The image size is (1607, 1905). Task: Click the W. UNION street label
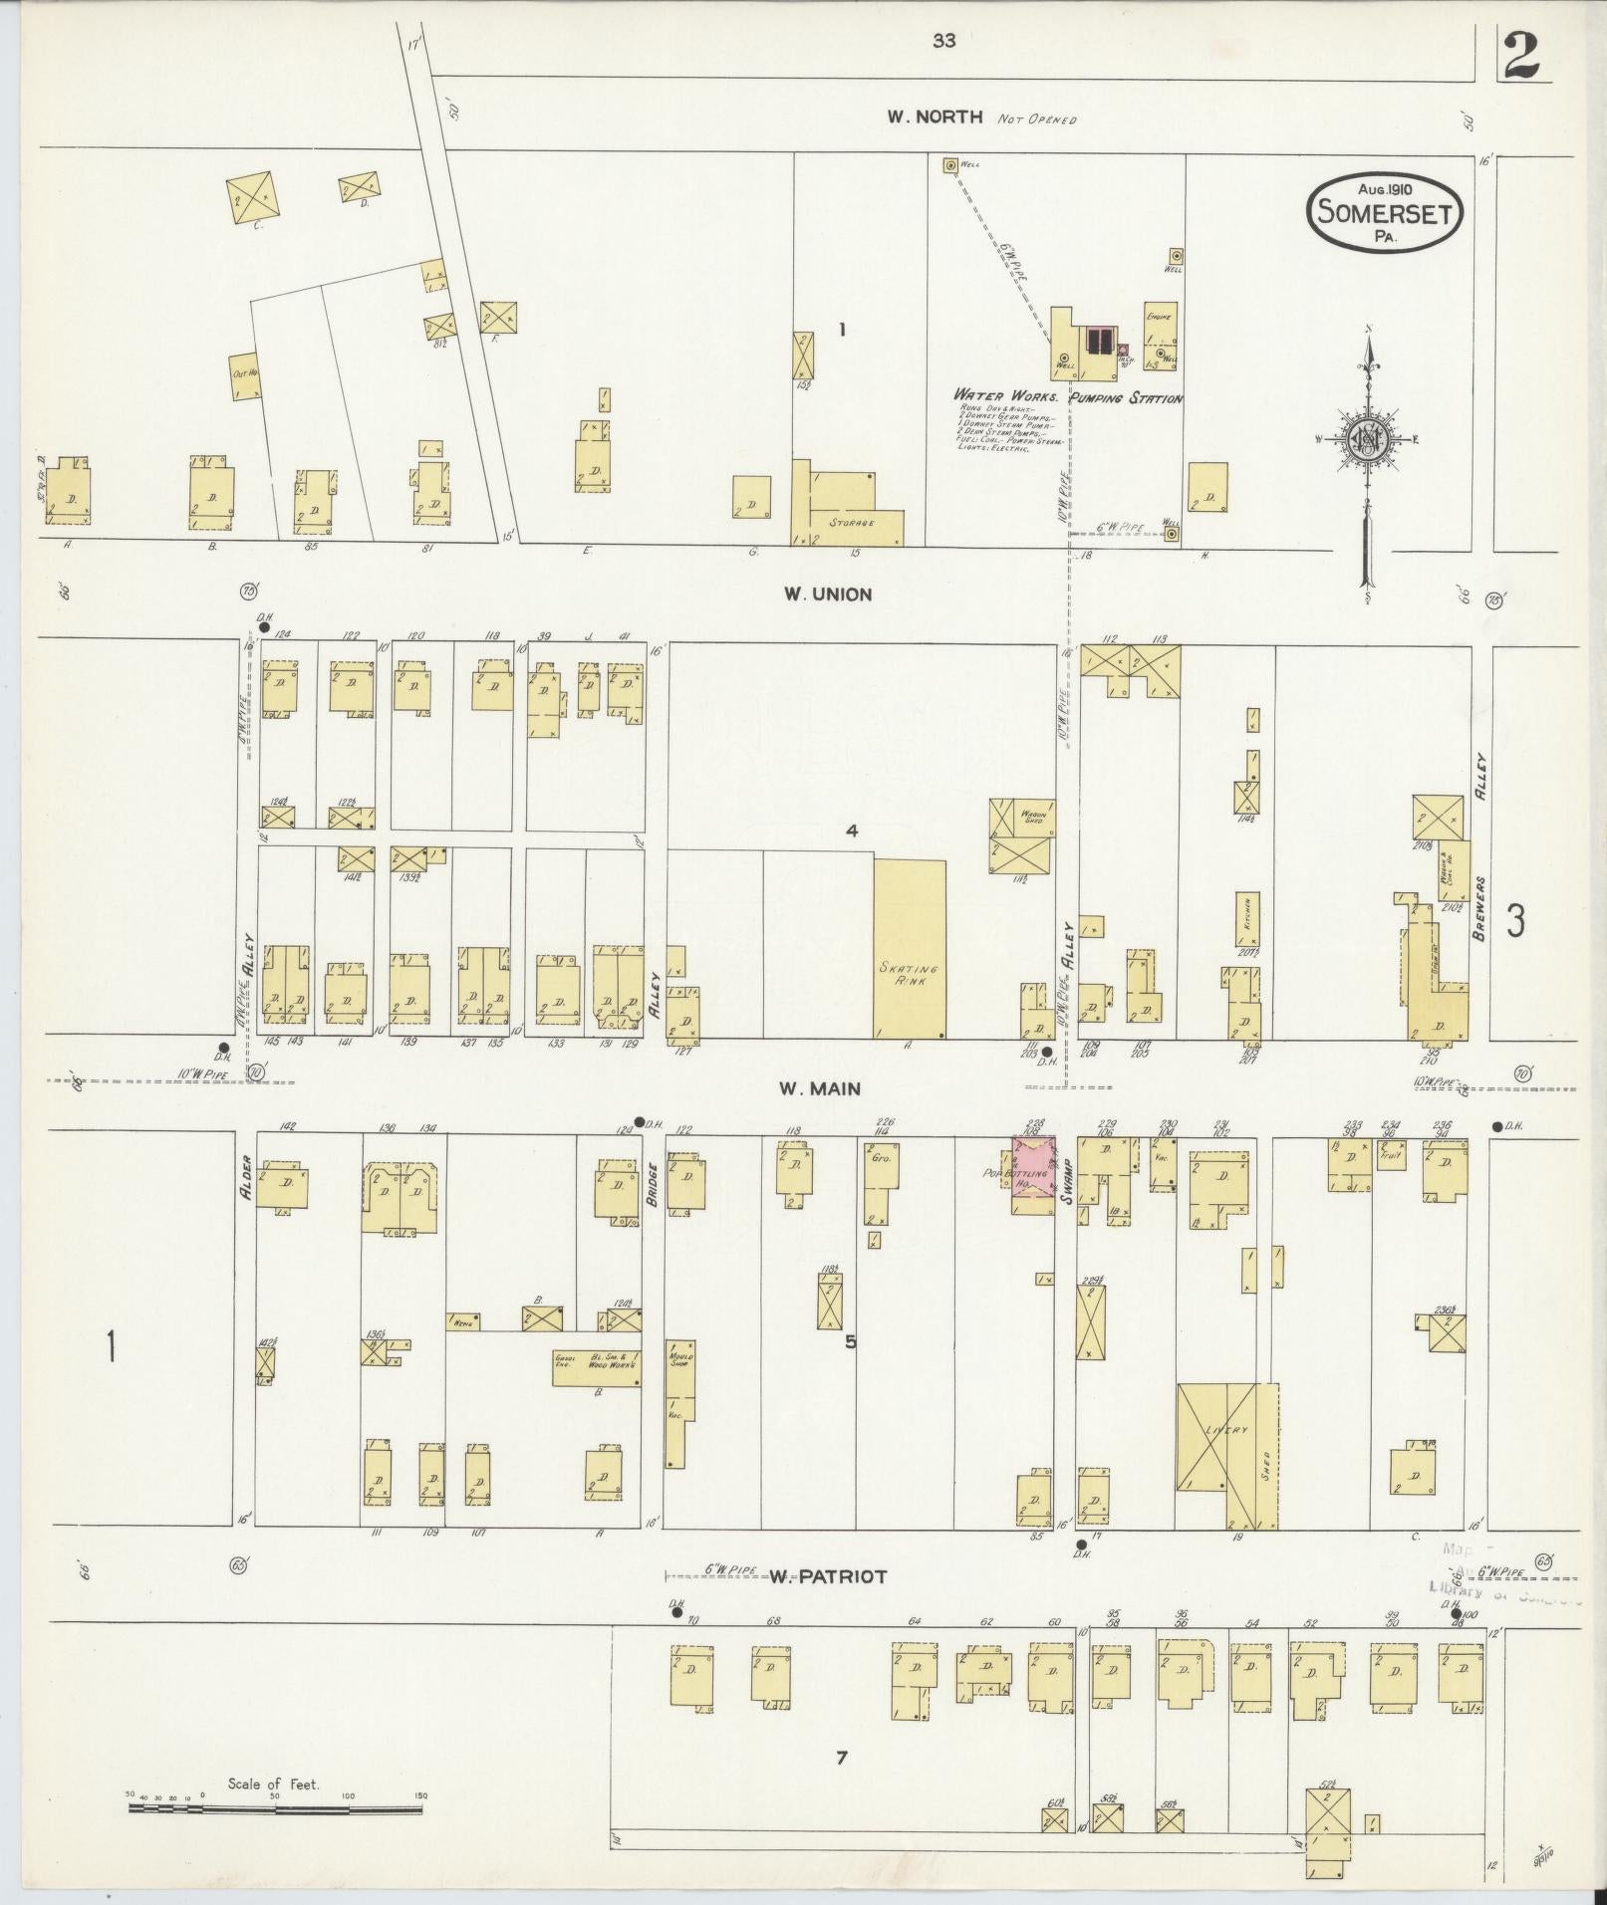point(827,595)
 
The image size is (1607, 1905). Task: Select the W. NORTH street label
point(936,117)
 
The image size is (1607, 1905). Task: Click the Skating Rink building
point(909,949)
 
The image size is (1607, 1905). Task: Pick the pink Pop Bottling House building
point(1033,1176)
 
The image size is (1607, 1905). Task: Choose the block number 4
point(852,831)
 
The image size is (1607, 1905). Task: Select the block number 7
point(842,1758)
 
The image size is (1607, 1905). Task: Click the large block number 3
point(1515,920)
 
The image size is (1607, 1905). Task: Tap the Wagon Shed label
point(1031,817)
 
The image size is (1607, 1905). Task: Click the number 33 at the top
point(944,41)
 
